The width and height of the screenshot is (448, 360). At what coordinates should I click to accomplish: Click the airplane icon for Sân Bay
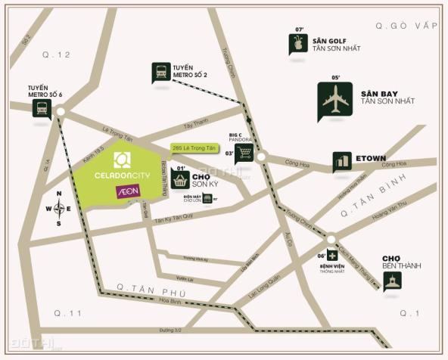(334, 101)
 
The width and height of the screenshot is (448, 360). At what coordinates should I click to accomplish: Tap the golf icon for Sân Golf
(298, 45)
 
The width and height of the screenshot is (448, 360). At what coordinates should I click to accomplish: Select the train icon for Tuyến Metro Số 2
(160, 72)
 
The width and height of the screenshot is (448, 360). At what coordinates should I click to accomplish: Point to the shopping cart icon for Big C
(244, 154)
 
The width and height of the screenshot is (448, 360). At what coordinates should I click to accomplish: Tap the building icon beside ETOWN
(342, 161)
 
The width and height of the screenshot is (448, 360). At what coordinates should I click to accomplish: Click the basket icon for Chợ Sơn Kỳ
(180, 180)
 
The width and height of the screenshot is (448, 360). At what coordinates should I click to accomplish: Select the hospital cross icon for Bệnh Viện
(332, 256)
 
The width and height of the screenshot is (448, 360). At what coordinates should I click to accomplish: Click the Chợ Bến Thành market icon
(391, 281)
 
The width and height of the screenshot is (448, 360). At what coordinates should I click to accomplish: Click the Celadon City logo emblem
(122, 160)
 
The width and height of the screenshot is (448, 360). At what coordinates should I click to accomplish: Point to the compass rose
(59, 209)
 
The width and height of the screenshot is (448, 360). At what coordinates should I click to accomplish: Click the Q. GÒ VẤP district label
(406, 26)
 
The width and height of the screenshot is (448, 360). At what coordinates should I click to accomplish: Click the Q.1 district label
(409, 312)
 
